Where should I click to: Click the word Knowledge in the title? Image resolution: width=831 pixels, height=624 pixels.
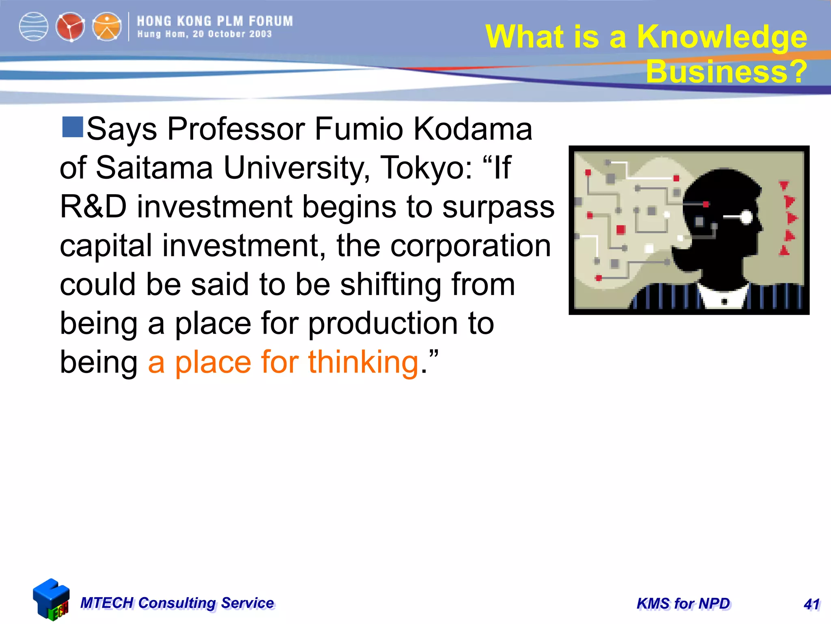coord(722,37)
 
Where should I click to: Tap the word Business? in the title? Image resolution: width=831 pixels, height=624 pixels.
coord(726,71)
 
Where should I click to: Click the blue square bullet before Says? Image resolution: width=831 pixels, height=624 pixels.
coord(73,127)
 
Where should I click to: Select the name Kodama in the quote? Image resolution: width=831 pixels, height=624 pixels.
coord(472,129)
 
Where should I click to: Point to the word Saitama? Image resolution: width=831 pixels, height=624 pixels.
coord(154,167)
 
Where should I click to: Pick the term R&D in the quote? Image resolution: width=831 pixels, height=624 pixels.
coord(93,206)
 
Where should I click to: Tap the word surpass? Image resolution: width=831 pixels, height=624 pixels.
coord(498,207)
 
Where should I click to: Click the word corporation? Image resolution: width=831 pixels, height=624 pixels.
coord(470,245)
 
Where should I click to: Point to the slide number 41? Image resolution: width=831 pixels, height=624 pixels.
coord(812,604)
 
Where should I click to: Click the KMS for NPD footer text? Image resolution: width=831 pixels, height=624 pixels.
coord(683,604)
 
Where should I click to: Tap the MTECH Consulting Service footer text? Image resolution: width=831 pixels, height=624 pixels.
coord(177,603)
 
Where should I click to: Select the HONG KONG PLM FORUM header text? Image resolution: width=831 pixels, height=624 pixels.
coord(215,21)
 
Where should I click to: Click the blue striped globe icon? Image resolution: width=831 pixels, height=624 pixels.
coord(34,27)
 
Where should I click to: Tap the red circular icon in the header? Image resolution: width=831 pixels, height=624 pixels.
coord(70,27)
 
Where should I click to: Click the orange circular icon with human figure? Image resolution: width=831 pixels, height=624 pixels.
coord(107,27)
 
